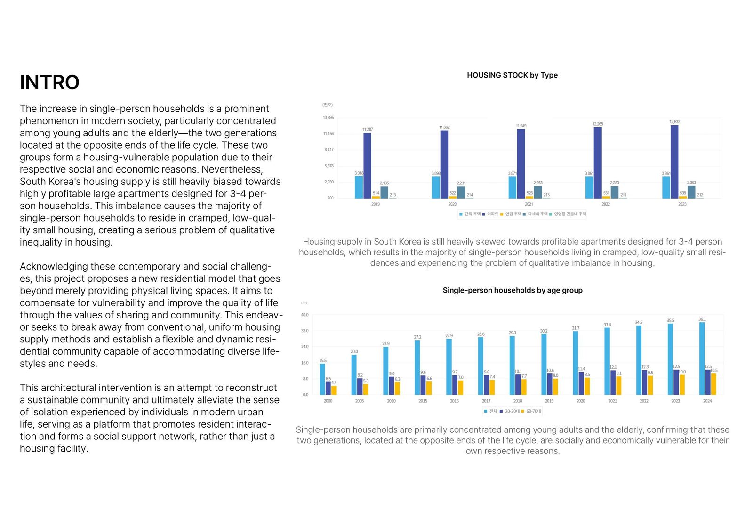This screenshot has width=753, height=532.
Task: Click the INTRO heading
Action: tap(49, 82)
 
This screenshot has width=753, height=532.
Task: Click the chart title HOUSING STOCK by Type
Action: tap(512, 75)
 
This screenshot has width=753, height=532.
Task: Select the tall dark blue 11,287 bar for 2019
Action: tap(367, 165)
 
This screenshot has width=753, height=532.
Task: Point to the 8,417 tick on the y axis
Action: tap(328, 150)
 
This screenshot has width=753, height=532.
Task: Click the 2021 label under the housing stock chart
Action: tap(529, 204)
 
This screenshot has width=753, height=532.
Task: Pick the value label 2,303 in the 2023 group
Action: tap(691, 183)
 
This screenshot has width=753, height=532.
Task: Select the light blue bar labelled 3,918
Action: tap(359, 187)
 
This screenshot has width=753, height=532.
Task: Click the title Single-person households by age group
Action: tap(513, 290)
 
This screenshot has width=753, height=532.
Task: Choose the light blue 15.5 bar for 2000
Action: tap(322, 379)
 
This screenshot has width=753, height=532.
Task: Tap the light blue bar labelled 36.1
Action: tap(702, 358)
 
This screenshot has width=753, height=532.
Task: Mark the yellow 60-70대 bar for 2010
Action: tap(397, 388)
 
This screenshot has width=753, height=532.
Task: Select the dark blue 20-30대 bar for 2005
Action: tap(360, 386)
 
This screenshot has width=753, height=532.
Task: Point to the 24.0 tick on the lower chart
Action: tap(305, 347)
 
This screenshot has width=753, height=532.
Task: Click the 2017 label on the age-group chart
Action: tap(486, 401)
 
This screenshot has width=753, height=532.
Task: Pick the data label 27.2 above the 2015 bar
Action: tap(417, 337)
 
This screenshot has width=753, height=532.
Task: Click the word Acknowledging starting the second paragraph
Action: tap(54, 266)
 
